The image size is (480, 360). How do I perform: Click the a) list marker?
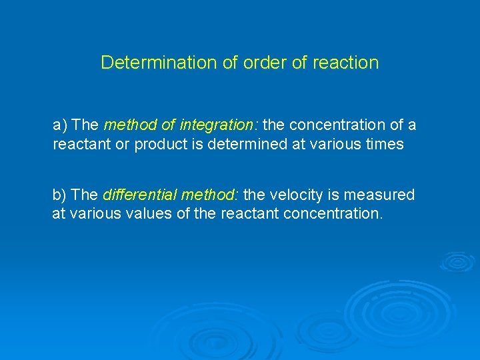pyautogui.click(x=61, y=125)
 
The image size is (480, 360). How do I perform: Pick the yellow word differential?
pyautogui.click(x=137, y=195)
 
